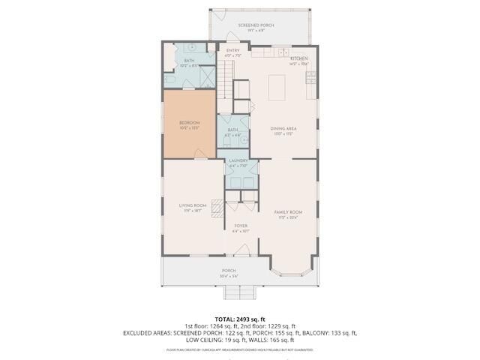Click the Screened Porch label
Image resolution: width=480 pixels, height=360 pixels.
256,25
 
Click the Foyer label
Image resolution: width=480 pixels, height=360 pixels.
241,226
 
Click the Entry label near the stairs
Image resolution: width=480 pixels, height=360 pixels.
233,51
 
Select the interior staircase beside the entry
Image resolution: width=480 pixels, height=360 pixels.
226,82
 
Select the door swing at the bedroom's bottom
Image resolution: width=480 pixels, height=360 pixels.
200,154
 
